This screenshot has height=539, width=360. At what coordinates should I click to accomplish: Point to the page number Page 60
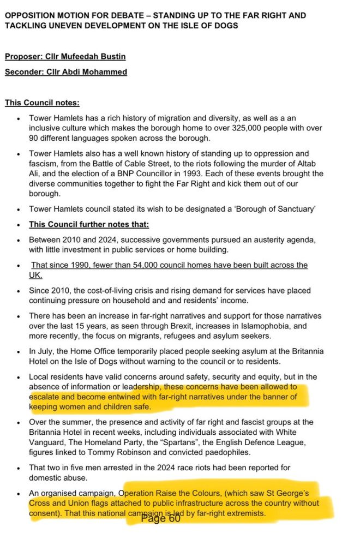[160, 518]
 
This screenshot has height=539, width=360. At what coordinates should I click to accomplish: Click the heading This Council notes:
[42, 103]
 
